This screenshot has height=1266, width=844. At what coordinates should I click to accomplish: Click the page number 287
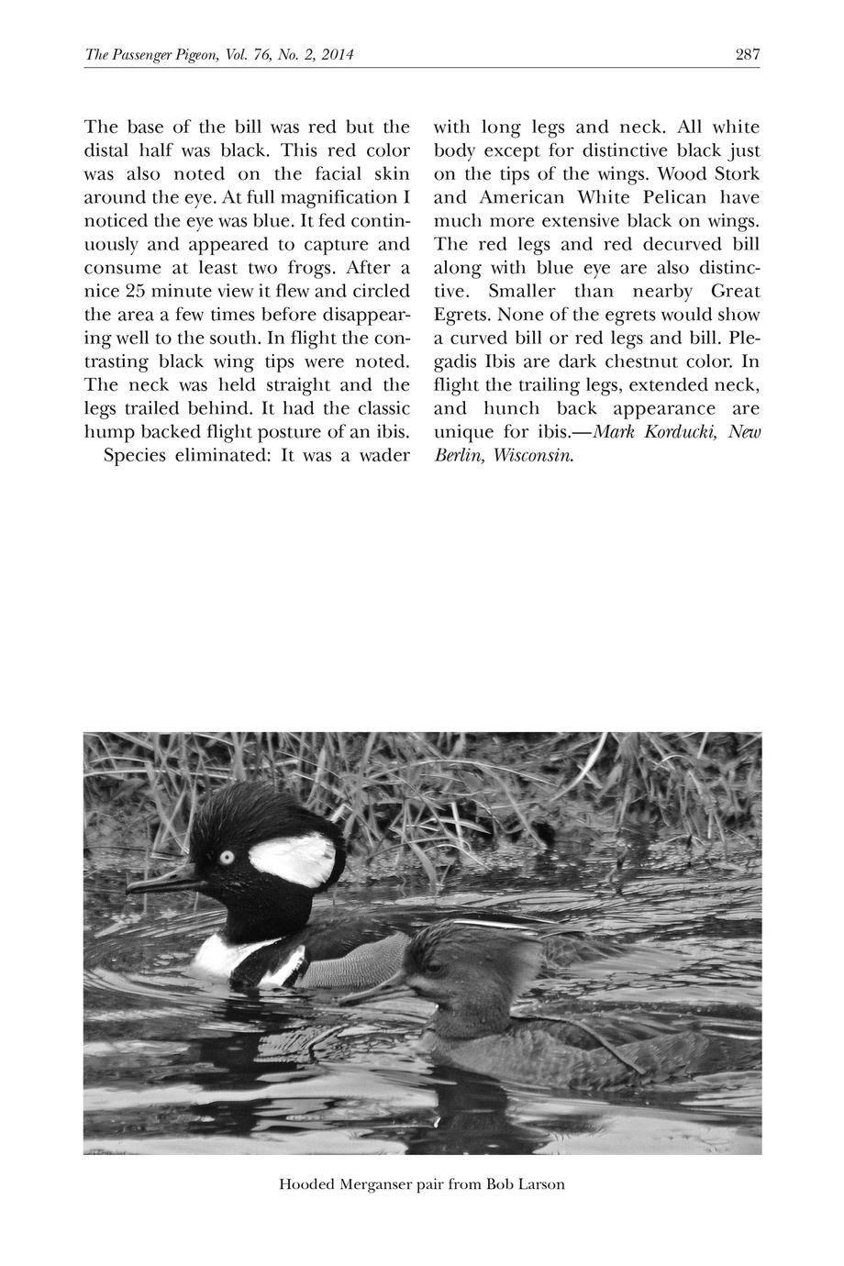click(748, 55)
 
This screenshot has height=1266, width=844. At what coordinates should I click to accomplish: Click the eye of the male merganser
click(226, 857)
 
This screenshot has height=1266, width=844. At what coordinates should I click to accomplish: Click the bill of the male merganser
click(161, 883)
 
